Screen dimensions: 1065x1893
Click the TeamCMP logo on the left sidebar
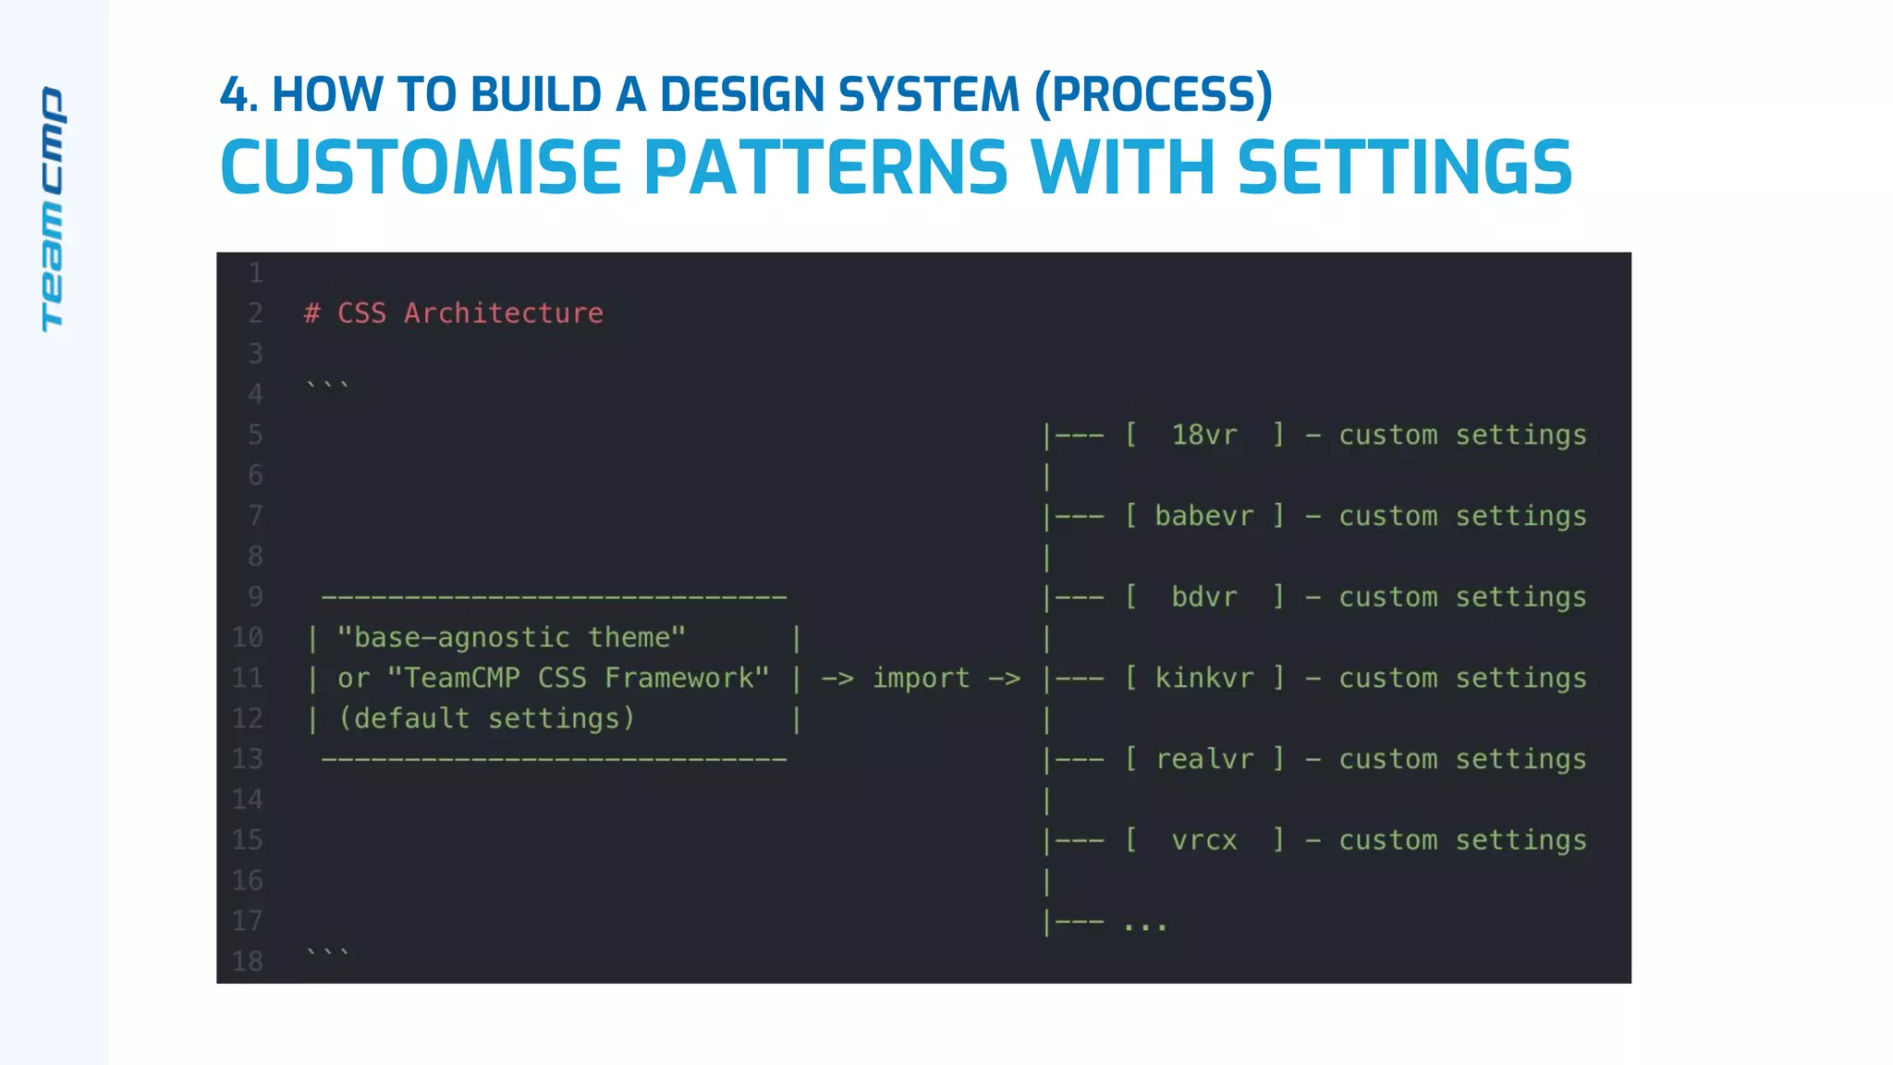(53, 209)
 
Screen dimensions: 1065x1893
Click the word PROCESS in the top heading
(1154, 94)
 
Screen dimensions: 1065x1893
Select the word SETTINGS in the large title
(1404, 168)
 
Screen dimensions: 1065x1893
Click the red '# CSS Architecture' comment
(454, 313)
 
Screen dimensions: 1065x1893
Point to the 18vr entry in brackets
(1203, 435)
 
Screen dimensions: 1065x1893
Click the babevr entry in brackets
(1203, 516)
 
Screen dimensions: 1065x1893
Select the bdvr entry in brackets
(1203, 597)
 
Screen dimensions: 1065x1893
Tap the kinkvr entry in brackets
(1203, 678)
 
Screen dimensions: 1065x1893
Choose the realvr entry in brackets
(1203, 759)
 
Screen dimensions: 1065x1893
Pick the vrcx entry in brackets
(1203, 840)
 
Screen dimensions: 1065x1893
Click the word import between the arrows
(922, 678)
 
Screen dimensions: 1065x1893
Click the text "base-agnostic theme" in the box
(511, 638)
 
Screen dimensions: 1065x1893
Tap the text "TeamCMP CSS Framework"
(578, 678)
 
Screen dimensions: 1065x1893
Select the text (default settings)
(486, 718)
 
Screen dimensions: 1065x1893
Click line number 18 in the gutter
(248, 961)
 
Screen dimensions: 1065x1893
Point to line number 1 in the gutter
(255, 273)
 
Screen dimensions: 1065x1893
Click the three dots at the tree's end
(1145, 924)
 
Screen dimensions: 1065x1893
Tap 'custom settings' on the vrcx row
(1462, 840)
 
